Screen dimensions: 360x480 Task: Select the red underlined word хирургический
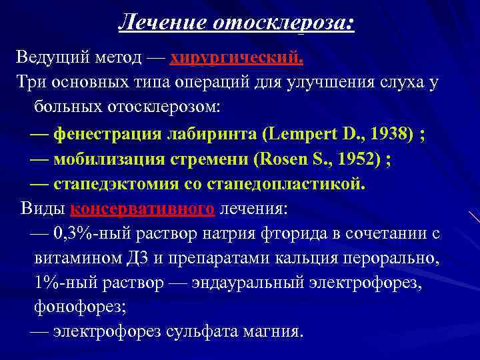coord(237,58)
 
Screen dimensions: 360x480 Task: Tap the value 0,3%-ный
coord(89,234)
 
